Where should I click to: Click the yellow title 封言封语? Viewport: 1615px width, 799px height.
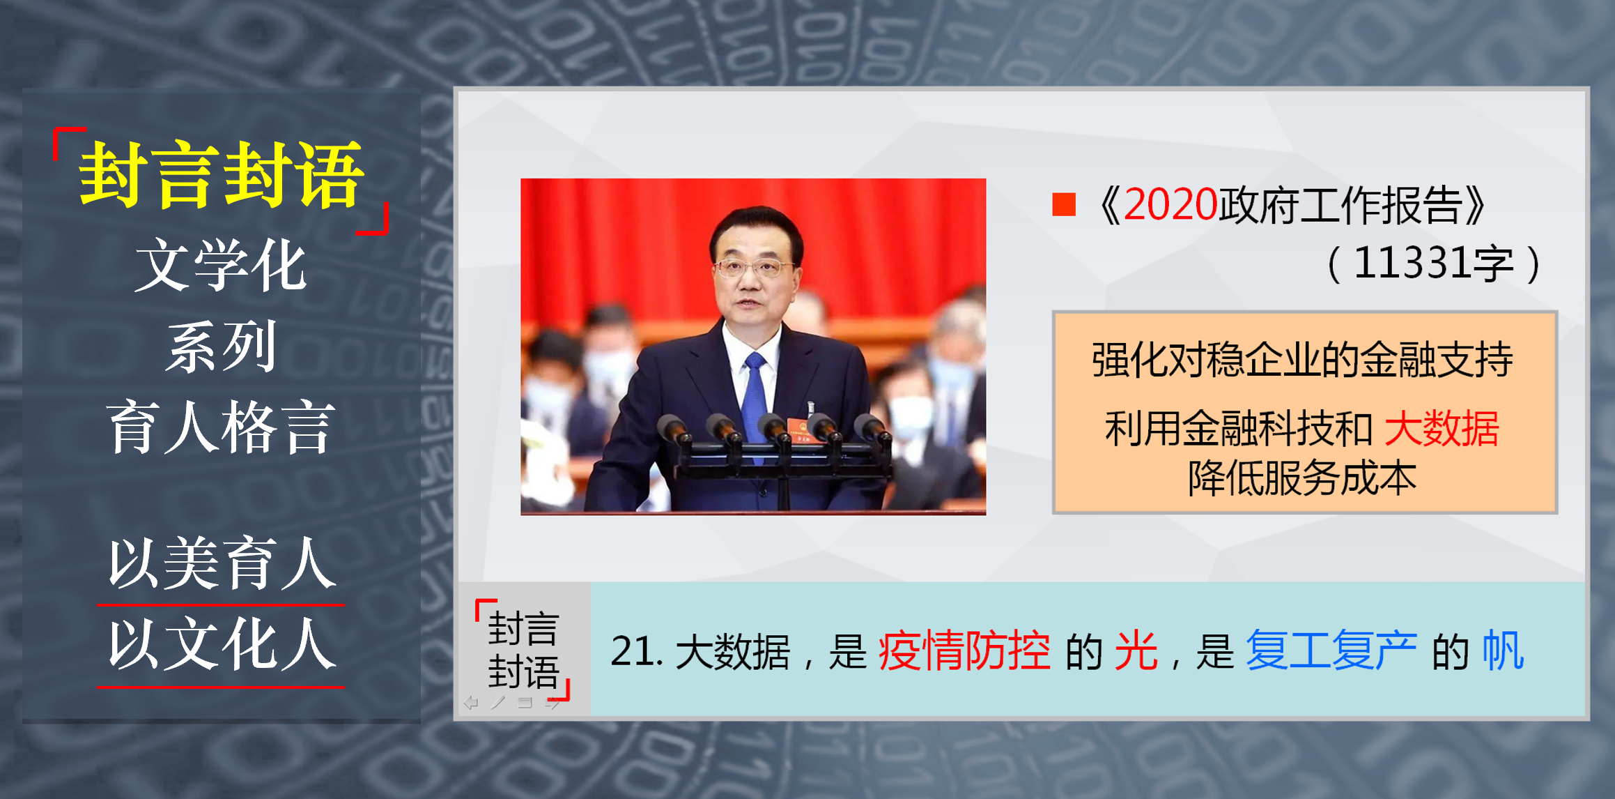coord(221,175)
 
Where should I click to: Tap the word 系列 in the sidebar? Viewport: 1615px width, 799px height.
coord(221,346)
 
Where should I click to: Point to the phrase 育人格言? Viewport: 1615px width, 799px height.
coord(221,427)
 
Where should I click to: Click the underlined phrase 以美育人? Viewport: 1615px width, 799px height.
coord(221,563)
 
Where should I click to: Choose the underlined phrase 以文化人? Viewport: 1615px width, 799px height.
coord(221,644)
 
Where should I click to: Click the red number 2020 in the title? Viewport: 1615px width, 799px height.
coord(1170,205)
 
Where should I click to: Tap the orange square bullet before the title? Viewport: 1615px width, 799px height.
coord(1064,205)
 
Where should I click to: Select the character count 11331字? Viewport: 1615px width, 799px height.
coord(1434,264)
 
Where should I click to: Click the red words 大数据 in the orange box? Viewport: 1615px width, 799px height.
coord(1442,428)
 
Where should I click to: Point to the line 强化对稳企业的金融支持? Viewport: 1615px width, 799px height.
coord(1302,360)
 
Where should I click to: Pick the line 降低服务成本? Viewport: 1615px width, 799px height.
coord(1302,478)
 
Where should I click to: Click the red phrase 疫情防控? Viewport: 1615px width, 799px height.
coord(964,651)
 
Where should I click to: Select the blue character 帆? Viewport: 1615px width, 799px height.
coord(1503,651)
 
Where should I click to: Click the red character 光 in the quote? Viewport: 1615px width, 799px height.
coord(1136,651)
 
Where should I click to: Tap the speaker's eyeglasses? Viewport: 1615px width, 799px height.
coord(752,267)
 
